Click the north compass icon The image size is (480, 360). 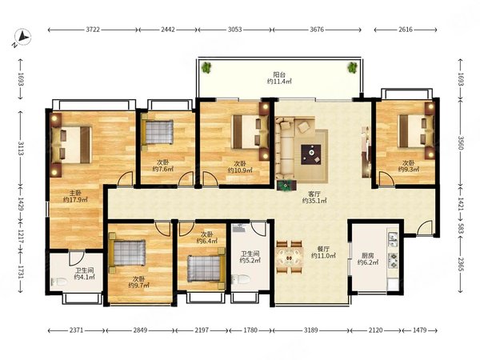coord(22,37)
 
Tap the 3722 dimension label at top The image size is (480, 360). coord(93,30)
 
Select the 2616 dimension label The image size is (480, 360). coord(406,30)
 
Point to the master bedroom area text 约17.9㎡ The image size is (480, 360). coord(75,200)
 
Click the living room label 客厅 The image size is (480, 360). coord(314,194)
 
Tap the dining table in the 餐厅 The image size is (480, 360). coord(290,257)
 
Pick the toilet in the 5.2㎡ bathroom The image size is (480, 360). coord(241,279)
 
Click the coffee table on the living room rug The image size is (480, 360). coord(311,154)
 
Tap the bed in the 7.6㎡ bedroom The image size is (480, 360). coord(158,132)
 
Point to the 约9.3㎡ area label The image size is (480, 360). coord(408,170)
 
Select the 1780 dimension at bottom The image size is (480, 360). coord(250,330)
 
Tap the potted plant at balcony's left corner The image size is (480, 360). coord(207,67)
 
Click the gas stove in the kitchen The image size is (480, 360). coord(393,260)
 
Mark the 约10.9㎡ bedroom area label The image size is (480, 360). coord(240,170)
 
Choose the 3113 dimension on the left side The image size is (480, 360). coord(21,148)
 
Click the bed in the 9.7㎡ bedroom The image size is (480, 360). coord(127,253)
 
